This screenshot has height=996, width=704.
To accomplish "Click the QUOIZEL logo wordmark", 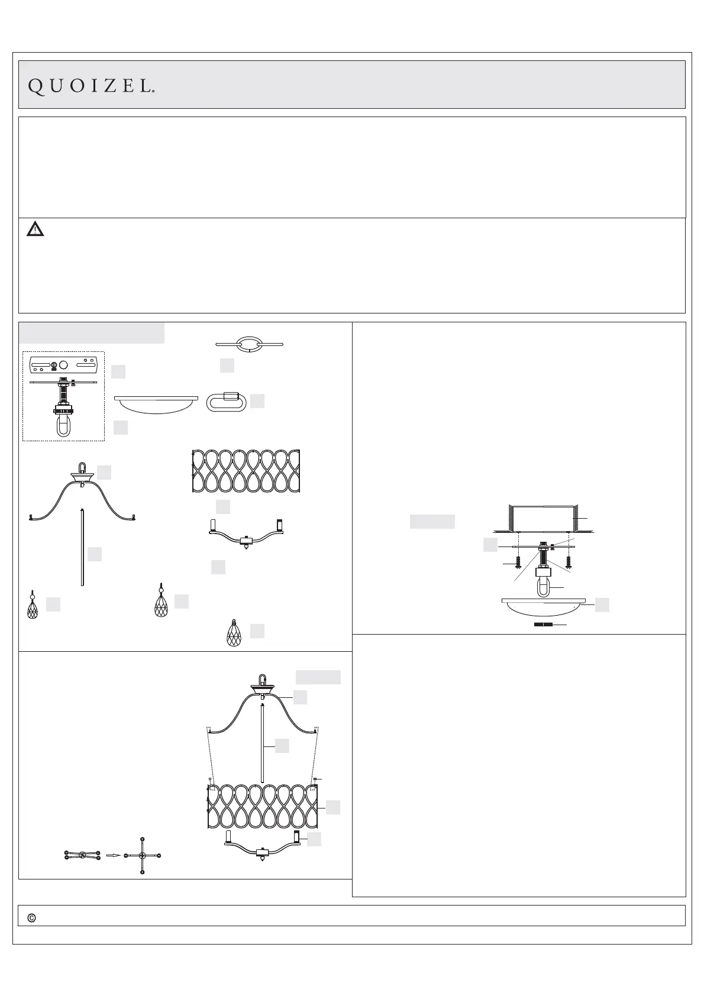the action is point(92,87).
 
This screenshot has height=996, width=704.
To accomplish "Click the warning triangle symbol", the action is point(35,229).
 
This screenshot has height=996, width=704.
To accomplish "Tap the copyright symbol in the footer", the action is point(32,918).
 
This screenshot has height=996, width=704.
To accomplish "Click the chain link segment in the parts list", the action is point(249,344).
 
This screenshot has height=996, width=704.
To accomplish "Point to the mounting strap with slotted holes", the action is point(63,367).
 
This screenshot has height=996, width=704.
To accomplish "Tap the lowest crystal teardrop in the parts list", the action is point(235,632).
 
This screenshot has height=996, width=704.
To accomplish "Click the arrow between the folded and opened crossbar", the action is point(113,855).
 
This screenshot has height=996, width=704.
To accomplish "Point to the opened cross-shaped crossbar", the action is point(142,855).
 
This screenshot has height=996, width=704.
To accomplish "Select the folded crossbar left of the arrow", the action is point(82,855).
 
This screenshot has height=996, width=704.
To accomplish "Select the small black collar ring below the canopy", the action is point(542,624).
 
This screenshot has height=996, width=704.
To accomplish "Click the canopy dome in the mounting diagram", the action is point(543,606).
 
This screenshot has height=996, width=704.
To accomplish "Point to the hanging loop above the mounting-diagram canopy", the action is point(542,587).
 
